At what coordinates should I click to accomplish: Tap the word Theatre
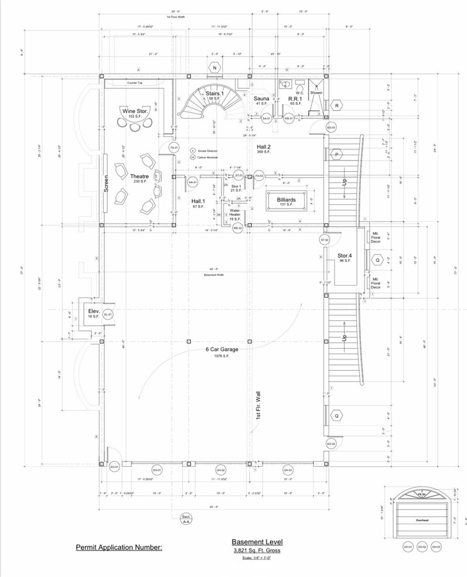139,176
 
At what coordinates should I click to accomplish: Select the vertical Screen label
107,184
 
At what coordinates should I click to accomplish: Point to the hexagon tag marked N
215,69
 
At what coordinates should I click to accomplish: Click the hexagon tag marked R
337,105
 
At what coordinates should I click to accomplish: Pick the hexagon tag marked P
337,154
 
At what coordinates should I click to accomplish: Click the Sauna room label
261,99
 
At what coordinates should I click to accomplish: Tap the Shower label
316,93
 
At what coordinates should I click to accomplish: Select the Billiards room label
286,200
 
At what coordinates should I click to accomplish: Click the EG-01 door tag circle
114,466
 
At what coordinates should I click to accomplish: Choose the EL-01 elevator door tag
108,315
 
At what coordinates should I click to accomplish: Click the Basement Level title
257,542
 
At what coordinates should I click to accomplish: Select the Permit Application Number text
119,548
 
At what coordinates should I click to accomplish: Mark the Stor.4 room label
345,256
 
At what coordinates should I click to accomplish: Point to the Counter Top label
135,83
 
